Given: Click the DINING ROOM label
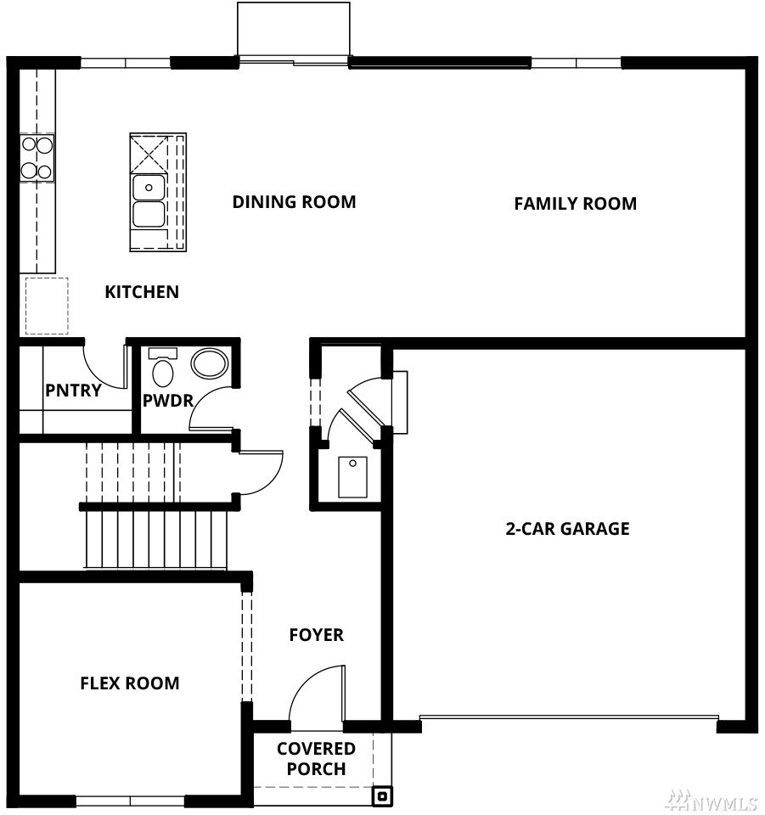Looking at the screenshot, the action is coord(294,202).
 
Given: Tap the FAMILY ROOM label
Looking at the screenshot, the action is coord(576,203).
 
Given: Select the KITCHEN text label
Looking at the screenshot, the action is coord(142,292).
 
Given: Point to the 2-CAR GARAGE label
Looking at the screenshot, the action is coord(567,529).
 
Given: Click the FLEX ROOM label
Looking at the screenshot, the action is coord(130,683).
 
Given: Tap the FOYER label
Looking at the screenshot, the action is coord(317,635).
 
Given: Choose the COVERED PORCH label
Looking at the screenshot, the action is coord(316,758).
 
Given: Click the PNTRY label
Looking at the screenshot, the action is coord(73,390).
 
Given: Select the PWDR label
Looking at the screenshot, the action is coord(168,400).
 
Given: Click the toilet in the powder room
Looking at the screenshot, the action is coord(163,368).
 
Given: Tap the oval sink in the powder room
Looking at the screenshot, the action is coord(210,363).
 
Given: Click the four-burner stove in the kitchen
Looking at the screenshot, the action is coord(37,158).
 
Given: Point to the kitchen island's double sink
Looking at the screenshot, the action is coord(149,201).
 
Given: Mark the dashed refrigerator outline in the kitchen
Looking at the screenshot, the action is coord(47,306).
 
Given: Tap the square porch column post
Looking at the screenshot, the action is coord(382,795).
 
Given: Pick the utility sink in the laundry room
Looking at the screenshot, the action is coord(353,477).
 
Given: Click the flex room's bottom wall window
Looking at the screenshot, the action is coord(131,801).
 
